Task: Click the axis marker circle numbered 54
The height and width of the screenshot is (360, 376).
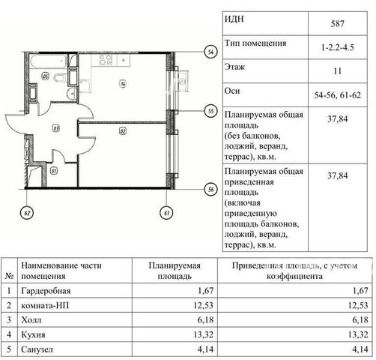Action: coord(211,52)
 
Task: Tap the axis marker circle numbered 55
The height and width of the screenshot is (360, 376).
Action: coord(211,111)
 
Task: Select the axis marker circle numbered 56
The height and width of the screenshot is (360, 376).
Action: coord(211,189)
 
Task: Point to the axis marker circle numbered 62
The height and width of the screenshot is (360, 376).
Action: coord(27,213)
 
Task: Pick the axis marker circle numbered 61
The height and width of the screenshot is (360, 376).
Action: coord(166,213)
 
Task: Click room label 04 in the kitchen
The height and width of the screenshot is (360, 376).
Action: coord(123,84)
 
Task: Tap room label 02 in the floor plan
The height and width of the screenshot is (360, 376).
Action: coord(123,131)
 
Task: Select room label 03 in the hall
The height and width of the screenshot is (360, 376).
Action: coord(55,128)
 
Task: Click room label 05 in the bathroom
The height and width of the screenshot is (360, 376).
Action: coord(46,76)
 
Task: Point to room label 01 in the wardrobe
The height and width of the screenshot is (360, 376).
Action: coord(54,171)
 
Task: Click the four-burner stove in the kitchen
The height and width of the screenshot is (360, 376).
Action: coord(106,60)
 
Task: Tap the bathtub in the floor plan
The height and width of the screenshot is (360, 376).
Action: coord(48,61)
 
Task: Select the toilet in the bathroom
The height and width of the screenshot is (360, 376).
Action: coord(61,78)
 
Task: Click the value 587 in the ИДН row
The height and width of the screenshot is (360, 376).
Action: coord(338,24)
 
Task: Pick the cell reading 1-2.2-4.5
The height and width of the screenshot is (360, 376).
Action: coord(338,47)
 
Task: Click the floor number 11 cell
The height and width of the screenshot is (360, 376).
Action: coord(338,71)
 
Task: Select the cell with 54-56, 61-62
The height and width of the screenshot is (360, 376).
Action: coord(338,95)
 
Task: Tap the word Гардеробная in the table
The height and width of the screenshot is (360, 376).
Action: coord(46,291)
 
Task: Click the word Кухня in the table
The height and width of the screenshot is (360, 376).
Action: coord(33,334)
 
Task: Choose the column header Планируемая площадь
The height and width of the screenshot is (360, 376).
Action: coord(175,271)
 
